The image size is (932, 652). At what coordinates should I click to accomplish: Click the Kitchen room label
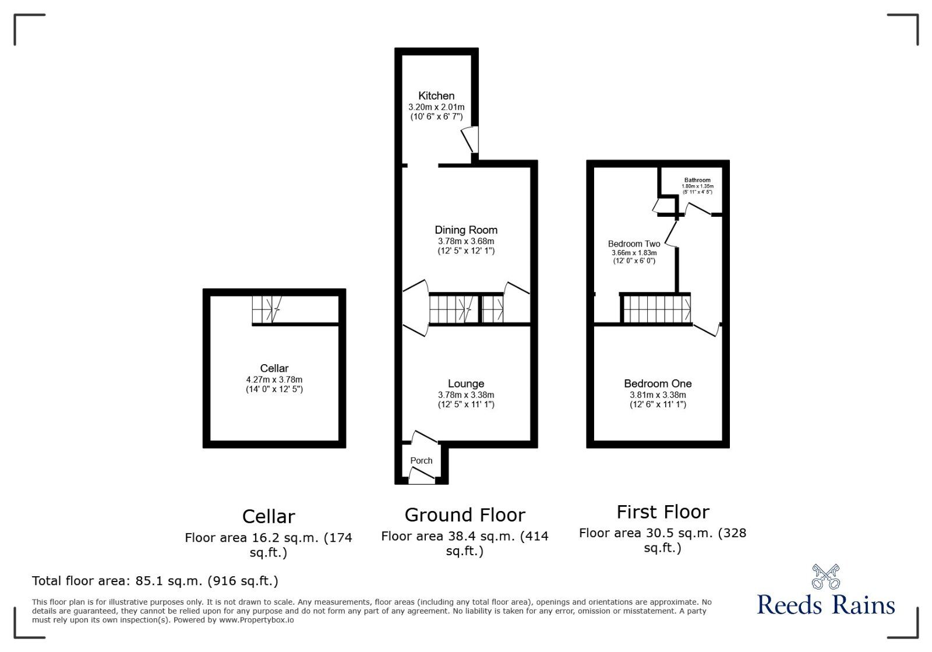click(436, 96)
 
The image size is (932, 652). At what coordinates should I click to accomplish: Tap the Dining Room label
click(466, 230)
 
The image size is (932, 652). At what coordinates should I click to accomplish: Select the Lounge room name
click(466, 383)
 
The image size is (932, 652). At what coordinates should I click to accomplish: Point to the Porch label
click(421, 460)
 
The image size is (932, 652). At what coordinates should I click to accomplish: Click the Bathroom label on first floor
click(697, 180)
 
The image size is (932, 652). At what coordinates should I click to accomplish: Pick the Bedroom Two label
click(634, 244)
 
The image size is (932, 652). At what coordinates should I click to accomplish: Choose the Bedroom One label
click(658, 383)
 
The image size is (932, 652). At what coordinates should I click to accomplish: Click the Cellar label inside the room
click(274, 368)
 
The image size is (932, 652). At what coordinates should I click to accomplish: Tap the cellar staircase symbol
click(267, 309)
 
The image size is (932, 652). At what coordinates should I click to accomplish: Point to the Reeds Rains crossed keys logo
click(826, 576)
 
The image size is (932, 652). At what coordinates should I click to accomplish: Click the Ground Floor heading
click(465, 515)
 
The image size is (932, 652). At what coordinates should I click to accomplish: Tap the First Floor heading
click(663, 512)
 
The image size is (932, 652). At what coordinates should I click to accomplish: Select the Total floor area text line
click(155, 581)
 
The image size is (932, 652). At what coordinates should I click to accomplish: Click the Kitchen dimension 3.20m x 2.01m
click(436, 107)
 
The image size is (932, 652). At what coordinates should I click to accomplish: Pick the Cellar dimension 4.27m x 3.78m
click(274, 379)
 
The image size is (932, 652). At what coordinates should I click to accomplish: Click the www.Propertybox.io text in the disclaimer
click(256, 620)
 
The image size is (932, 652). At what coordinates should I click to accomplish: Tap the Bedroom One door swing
click(707, 330)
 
